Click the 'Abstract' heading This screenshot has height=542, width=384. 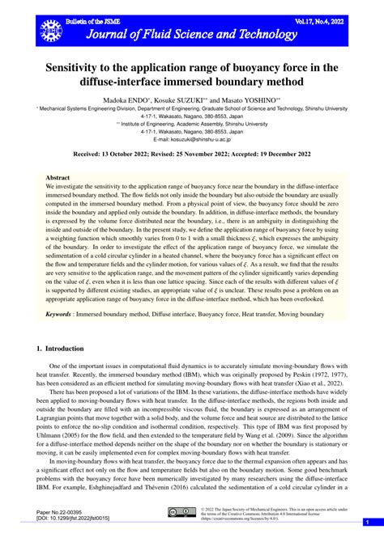[58, 176]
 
